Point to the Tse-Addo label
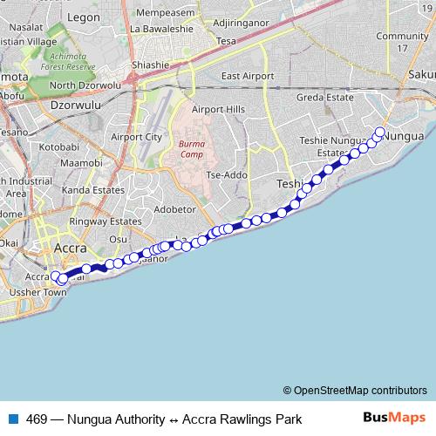pyautogui.click(x=227, y=174)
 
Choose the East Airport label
pyautogui.click(x=242, y=76)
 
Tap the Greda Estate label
pyautogui.click(x=324, y=98)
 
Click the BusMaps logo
pyautogui.click(x=394, y=419)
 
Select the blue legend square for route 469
pyautogui.click(x=13, y=419)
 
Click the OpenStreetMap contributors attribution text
pyautogui.click(x=355, y=390)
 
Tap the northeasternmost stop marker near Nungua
pyautogui.click(x=379, y=133)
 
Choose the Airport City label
pyautogui.click(x=137, y=137)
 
